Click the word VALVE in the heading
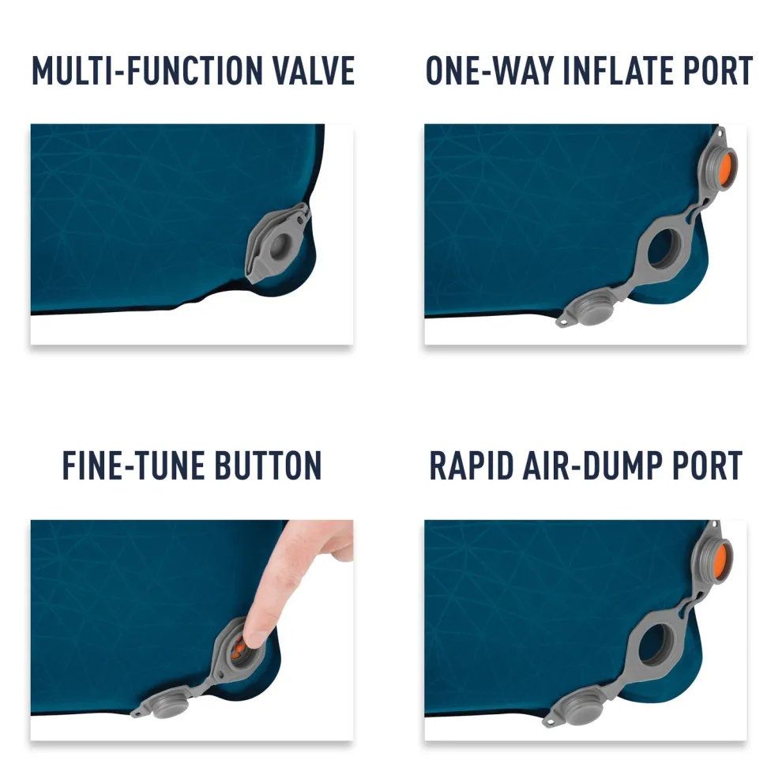tap(314, 70)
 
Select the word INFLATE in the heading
tap(618, 70)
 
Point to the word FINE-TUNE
tap(133, 465)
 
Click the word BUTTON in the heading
tap(268, 465)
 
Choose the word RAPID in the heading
tap(472, 465)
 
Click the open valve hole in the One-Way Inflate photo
tap(664, 248)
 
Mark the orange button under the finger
tap(240, 647)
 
